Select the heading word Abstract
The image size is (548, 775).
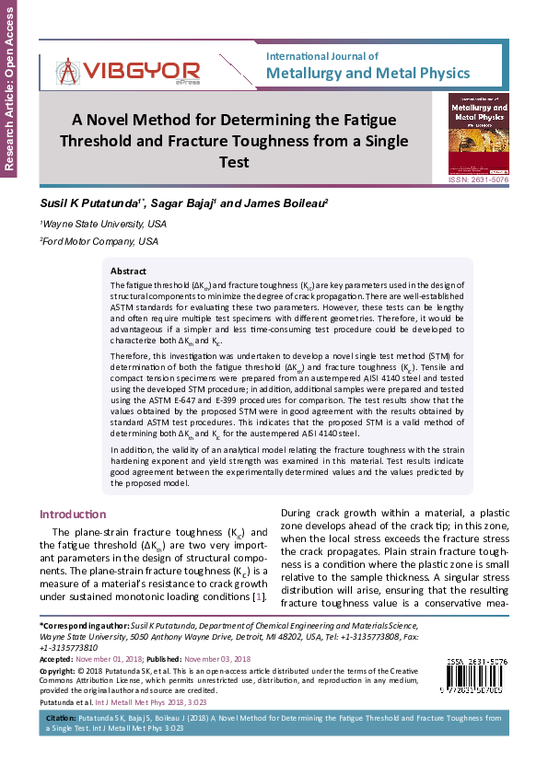pos(128,272)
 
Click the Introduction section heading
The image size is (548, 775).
pos(73,514)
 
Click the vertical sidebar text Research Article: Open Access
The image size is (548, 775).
pos(10,87)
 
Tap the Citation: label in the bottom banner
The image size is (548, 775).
pos(60,715)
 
